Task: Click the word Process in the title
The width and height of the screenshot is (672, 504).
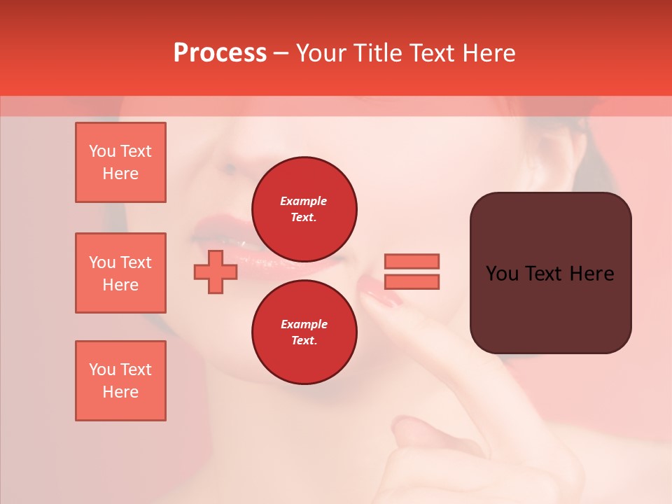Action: coord(220,53)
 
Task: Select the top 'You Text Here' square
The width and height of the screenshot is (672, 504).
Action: coord(120,162)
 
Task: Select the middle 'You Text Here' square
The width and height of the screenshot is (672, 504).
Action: coord(120,273)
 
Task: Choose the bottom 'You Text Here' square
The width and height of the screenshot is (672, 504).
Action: coord(120,381)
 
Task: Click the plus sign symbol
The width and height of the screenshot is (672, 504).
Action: coord(216,272)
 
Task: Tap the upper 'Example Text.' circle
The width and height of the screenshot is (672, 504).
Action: coord(304,209)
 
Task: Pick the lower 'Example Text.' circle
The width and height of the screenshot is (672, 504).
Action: coord(304,332)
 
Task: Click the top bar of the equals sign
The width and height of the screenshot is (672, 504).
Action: coord(412,261)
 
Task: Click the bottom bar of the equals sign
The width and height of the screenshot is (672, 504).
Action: coord(412,282)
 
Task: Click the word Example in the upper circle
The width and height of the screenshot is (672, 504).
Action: coord(304,201)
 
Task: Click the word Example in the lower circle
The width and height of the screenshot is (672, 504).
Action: coord(304,324)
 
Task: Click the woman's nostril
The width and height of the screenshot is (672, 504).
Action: coord(229,169)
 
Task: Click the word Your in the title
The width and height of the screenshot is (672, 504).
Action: coord(322,53)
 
